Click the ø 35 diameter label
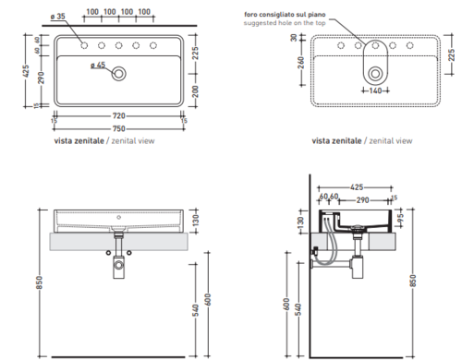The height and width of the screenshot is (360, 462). coord(57,16)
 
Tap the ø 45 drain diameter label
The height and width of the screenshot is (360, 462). coord(98,66)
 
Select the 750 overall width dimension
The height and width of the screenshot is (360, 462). coord(119,128)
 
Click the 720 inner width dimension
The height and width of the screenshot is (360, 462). coord(119,116)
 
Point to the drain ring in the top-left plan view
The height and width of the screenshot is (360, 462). coord(119,74)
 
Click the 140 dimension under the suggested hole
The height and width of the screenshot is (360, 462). coord(375,90)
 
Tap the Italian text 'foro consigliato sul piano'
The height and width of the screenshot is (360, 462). coord(285,15)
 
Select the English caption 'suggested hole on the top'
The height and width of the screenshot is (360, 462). coord(285,23)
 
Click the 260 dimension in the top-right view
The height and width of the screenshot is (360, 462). coord(301,63)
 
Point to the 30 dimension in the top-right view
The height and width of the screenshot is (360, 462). coord(294,38)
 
